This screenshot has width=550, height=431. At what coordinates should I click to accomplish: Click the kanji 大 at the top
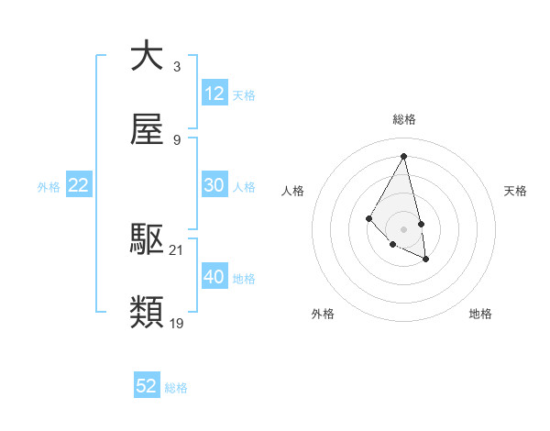(x=147, y=56)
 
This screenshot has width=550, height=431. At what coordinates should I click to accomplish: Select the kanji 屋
(x=147, y=131)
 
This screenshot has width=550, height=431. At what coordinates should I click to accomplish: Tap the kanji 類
(x=147, y=313)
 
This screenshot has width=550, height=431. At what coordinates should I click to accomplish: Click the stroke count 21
(x=177, y=249)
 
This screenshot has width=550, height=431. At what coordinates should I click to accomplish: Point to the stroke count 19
(x=177, y=323)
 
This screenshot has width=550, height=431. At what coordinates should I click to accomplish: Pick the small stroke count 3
(x=177, y=66)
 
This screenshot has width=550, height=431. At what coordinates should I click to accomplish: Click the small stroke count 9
(x=177, y=140)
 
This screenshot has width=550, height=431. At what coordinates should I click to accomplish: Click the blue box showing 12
(x=214, y=94)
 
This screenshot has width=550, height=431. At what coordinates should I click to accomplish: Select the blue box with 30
(x=214, y=185)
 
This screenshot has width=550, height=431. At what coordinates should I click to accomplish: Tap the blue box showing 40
(x=214, y=277)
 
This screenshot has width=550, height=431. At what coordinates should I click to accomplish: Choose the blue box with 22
(x=79, y=185)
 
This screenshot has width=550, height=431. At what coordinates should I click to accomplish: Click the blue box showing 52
(x=147, y=386)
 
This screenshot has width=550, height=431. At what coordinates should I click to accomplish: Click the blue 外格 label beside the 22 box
(x=49, y=186)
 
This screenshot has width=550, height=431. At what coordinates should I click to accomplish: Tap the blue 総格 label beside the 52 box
(x=176, y=388)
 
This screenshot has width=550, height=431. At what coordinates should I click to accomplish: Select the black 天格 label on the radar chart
(x=515, y=191)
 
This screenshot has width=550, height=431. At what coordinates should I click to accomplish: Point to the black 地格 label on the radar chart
(x=480, y=314)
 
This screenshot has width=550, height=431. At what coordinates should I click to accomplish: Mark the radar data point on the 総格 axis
(x=403, y=156)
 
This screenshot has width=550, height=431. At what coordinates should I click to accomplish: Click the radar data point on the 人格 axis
(x=369, y=218)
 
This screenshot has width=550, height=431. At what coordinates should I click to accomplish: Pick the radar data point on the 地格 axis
(x=426, y=260)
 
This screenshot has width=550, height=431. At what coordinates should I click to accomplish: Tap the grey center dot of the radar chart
(x=403, y=228)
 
